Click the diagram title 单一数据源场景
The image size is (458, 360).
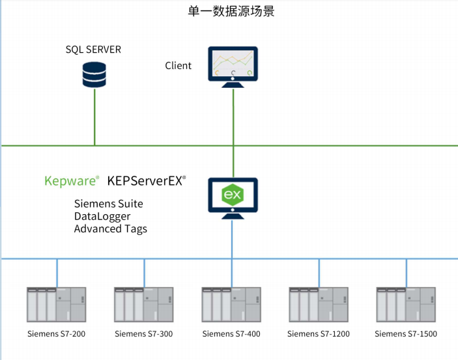coord(228,11)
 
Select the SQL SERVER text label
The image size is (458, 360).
coord(93,49)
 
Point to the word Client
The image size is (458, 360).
coord(178,65)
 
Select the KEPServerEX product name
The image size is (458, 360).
coord(147,180)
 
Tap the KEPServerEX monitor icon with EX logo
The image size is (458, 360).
coord(233,197)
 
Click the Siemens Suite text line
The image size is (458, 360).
coord(108,204)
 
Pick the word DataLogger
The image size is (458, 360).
coord(102,216)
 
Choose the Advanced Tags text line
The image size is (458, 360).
coord(110,228)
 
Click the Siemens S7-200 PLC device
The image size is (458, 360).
coord(56,304)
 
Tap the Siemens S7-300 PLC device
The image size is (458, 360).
coord(144,304)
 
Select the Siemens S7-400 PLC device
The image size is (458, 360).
coord(231,304)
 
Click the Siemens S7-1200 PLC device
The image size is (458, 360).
coord(319,304)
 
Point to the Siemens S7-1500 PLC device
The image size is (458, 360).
coord(406,304)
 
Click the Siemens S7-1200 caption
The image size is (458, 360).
coord(319,334)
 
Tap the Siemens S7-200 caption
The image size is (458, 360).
coord(57,334)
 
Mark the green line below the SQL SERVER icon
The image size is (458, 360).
coord(94,117)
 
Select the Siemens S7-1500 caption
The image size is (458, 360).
coord(406,334)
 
